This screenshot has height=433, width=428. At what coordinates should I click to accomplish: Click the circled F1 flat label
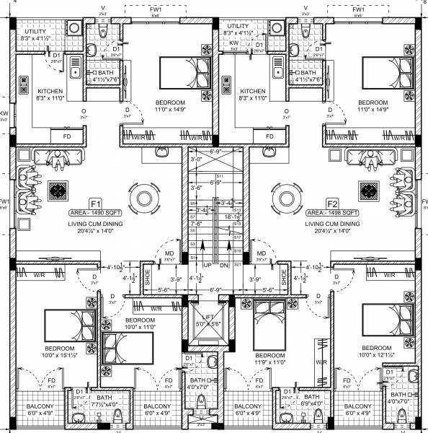pyautogui.click(x=96, y=203)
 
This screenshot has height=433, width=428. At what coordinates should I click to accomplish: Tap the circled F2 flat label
pyautogui.click(x=332, y=203)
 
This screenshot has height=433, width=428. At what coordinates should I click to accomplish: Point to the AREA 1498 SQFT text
pyautogui.click(x=332, y=214)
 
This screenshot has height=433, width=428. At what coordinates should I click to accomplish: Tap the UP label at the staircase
pyautogui.click(x=208, y=266)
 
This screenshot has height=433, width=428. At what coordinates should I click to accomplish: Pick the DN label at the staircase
pyautogui.click(x=223, y=266)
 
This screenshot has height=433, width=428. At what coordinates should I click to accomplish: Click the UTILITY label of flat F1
pyautogui.click(x=35, y=33)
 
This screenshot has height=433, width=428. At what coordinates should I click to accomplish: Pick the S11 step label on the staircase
pyautogui.click(x=220, y=176)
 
